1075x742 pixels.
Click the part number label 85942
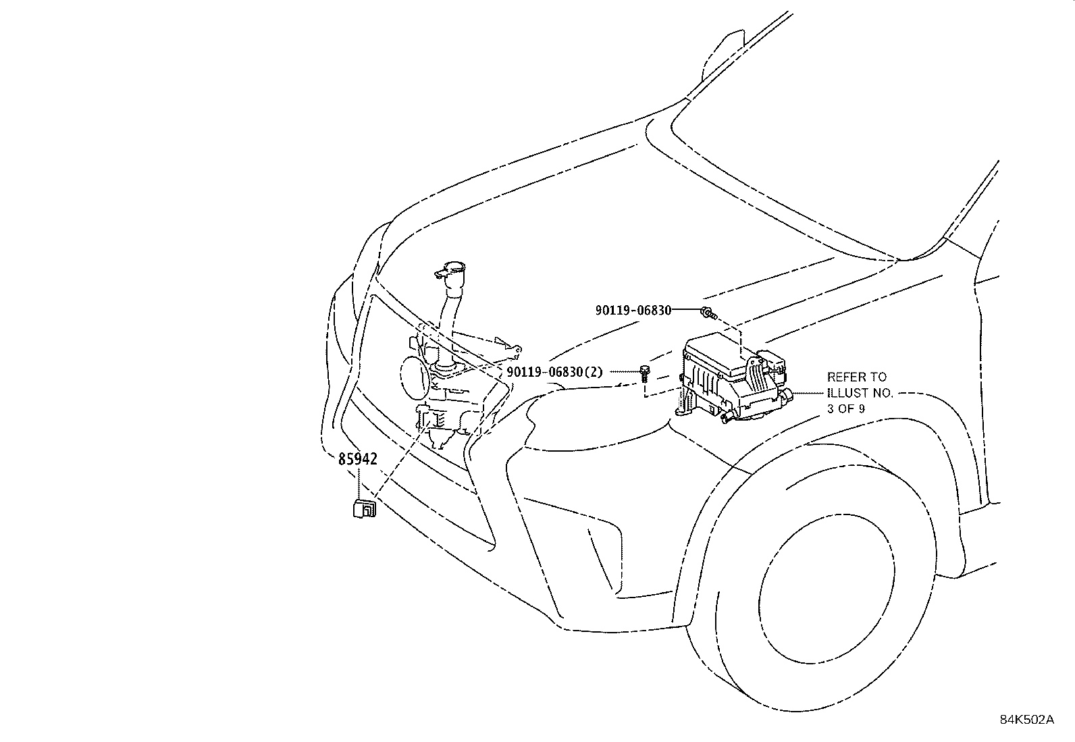tap(357, 458)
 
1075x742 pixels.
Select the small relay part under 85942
tap(362, 508)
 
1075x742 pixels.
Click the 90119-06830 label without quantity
tap(633, 310)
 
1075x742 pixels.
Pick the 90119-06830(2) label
tap(554, 372)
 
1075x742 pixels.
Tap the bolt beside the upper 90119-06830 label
tap(707, 312)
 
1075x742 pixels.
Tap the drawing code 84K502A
tap(1026, 719)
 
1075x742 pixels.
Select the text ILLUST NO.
tap(860, 393)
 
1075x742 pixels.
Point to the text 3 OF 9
tap(845, 408)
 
